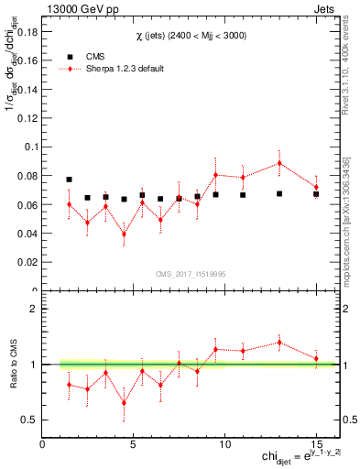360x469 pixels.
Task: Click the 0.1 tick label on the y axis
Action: point(30,147)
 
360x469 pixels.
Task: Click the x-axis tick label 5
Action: point(134,443)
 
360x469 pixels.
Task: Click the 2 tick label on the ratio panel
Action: point(33,310)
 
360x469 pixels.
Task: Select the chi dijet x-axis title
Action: point(293,457)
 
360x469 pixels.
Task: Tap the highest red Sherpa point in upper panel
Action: point(279,163)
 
